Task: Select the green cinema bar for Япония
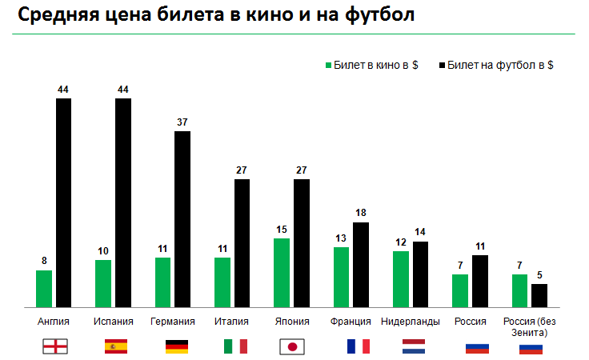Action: (281, 272)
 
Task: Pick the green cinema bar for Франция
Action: (341, 277)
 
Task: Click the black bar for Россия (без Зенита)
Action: (539, 295)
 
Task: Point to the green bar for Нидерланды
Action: (400, 278)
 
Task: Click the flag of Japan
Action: (292, 346)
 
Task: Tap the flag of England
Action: (54, 346)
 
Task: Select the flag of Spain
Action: (116, 346)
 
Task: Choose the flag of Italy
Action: (234, 346)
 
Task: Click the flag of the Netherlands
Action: (414, 346)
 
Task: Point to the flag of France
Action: (358, 346)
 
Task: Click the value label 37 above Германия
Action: (182, 122)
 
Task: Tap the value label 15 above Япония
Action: (281, 230)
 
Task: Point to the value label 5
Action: (540, 275)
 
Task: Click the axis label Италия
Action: (231, 322)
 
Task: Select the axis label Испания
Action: (113, 322)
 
